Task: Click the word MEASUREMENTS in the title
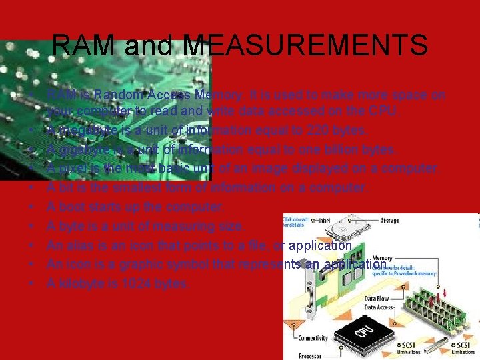tap(304, 46)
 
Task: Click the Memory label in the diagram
tap(382, 257)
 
